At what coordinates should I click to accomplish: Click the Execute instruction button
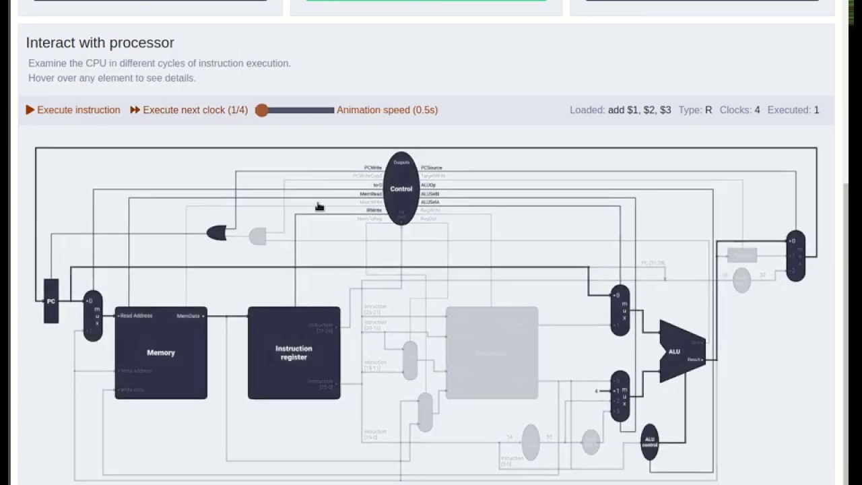coord(73,110)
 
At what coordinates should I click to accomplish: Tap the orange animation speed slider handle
coord(262,110)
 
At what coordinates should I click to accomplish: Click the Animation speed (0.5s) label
coord(387,110)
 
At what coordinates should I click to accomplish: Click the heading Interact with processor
coord(100,42)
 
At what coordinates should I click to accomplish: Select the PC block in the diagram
coord(51,301)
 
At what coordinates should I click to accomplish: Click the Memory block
coord(161,352)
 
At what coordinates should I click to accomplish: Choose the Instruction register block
coord(294,352)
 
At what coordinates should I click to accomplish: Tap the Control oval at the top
coord(401,189)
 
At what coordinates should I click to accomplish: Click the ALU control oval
coord(649,442)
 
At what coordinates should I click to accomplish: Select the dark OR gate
coord(216,234)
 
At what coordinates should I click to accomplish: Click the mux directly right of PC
coord(93,316)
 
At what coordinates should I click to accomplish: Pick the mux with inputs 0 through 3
coord(620,396)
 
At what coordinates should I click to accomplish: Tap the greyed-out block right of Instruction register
coord(492,352)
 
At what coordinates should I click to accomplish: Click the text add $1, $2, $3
coord(639,110)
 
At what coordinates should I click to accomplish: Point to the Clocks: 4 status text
coord(739,110)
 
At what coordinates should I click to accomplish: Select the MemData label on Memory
coord(189,316)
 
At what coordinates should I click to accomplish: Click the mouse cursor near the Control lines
coord(319,207)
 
